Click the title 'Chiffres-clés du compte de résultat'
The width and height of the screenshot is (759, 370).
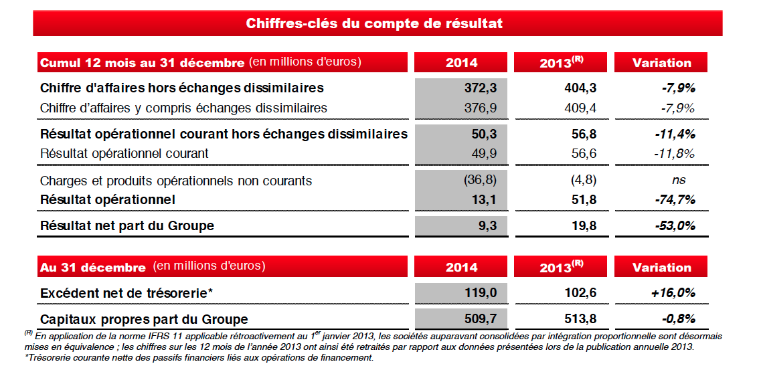click(374, 24)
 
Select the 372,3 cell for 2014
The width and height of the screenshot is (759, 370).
click(480, 88)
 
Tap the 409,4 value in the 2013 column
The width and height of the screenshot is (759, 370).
click(579, 108)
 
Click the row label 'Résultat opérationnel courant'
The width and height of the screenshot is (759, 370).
click(124, 153)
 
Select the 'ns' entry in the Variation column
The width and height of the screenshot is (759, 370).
click(679, 180)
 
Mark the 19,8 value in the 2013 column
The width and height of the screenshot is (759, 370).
click(584, 226)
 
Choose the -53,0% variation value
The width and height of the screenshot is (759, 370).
click(674, 226)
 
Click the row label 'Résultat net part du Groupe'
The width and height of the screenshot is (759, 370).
click(127, 226)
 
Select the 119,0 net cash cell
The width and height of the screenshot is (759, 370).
click(480, 293)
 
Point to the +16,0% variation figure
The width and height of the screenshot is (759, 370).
click(673, 293)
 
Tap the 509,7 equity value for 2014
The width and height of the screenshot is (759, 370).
click(480, 319)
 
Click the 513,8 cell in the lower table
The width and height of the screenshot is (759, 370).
click(579, 319)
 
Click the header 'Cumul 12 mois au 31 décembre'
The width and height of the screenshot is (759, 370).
click(142, 63)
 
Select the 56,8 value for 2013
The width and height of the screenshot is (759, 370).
click(584, 134)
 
